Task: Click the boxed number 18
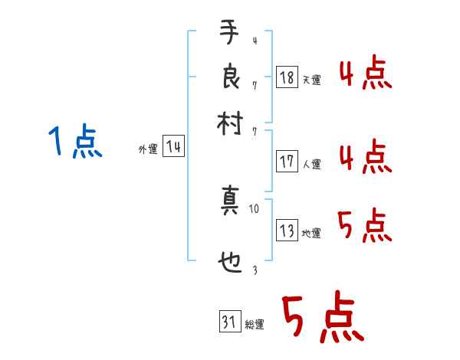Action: pos(287,77)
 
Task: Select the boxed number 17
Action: pos(287,162)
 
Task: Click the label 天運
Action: pos(311,80)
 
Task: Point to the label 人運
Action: pos(311,164)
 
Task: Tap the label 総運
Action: pos(255,325)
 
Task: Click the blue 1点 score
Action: pos(75,142)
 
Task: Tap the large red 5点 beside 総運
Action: pos(320,320)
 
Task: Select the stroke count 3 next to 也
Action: pos(254,270)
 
